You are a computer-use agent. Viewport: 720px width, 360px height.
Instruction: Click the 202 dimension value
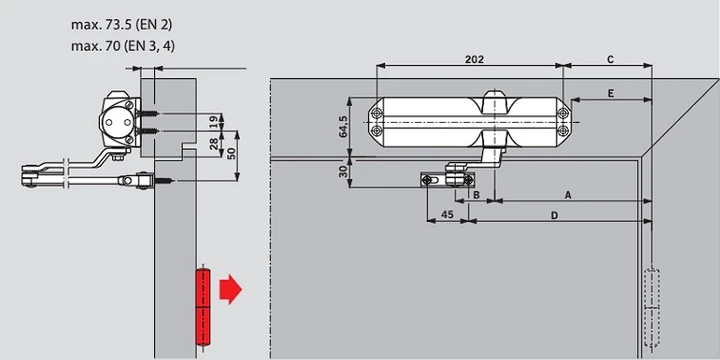coord(474,60)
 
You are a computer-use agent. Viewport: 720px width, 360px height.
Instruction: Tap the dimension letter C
coord(610,60)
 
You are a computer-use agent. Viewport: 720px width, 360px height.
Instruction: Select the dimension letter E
coord(610,94)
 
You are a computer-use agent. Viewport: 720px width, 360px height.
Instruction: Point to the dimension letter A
coord(568,195)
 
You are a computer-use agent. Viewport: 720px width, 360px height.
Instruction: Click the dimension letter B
coord(476,195)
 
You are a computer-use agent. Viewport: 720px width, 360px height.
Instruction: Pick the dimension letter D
coord(554,215)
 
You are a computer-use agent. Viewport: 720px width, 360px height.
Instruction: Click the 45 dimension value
coord(447,214)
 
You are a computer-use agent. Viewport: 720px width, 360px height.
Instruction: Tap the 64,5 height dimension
coord(343,126)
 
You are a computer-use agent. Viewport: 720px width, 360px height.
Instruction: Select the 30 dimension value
coord(343,172)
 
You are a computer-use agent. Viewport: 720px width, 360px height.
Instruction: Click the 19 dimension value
coord(213,122)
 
